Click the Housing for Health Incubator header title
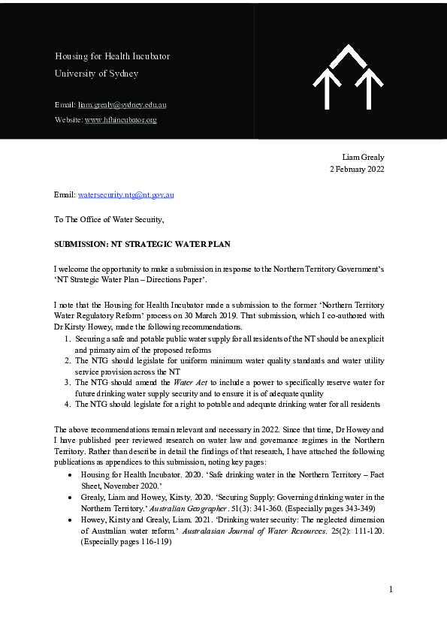click(112, 56)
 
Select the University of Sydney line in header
click(96, 74)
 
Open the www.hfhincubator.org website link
click(120, 119)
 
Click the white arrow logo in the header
click(348, 77)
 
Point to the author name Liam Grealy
click(363, 157)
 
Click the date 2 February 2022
click(357, 169)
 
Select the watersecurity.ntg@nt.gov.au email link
click(126, 194)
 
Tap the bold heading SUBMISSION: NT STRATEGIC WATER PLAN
click(142, 245)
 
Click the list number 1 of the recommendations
click(68, 339)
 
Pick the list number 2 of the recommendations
click(68, 361)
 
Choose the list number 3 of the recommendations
click(68, 383)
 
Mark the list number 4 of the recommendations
click(68, 405)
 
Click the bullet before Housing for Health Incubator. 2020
click(70, 475)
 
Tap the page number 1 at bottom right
click(391, 589)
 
